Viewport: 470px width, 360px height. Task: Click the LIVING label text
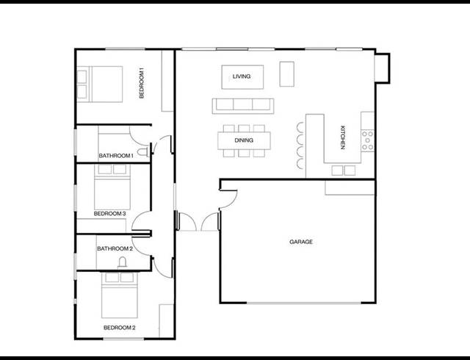pyautogui.click(x=242, y=76)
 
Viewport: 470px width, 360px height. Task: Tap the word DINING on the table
pyautogui.click(x=244, y=140)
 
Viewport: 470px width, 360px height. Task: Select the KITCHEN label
pyautogui.click(x=342, y=138)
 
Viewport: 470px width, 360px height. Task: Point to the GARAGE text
pyautogui.click(x=301, y=242)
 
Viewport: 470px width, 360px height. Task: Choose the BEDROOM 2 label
pyautogui.click(x=119, y=328)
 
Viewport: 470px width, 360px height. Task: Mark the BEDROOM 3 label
pyautogui.click(x=110, y=214)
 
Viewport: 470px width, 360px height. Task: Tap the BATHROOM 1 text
pyautogui.click(x=115, y=156)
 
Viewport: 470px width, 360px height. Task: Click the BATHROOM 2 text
pyautogui.click(x=115, y=248)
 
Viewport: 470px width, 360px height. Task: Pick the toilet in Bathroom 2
pyautogui.click(x=122, y=262)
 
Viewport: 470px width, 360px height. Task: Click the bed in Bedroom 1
pyautogui.click(x=100, y=84)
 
